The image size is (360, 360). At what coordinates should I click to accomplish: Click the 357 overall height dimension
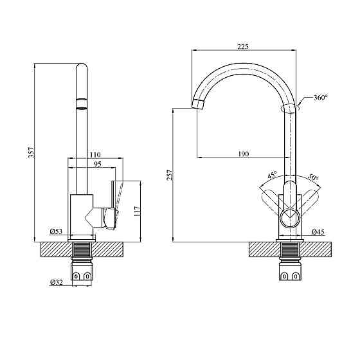pyautogui.click(x=30, y=152)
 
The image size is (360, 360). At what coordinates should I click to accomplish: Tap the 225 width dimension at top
pyautogui.click(x=243, y=46)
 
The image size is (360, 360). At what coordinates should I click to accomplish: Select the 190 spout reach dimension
pyautogui.click(x=243, y=153)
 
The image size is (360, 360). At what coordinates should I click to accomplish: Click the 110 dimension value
pyautogui.click(x=95, y=155)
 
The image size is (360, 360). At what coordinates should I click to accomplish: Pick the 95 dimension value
pyautogui.click(x=96, y=165)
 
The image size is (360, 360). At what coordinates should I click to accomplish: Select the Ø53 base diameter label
pyautogui.click(x=55, y=231)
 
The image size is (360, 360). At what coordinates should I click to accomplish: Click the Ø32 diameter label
pyautogui.click(x=55, y=282)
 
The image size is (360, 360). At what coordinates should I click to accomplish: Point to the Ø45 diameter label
pyautogui.click(x=317, y=231)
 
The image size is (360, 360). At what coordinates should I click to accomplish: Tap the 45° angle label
pyautogui.click(x=272, y=175)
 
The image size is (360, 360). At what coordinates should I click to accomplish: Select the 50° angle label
pyautogui.click(x=313, y=177)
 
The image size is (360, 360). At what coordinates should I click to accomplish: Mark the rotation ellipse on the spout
pyautogui.click(x=290, y=109)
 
